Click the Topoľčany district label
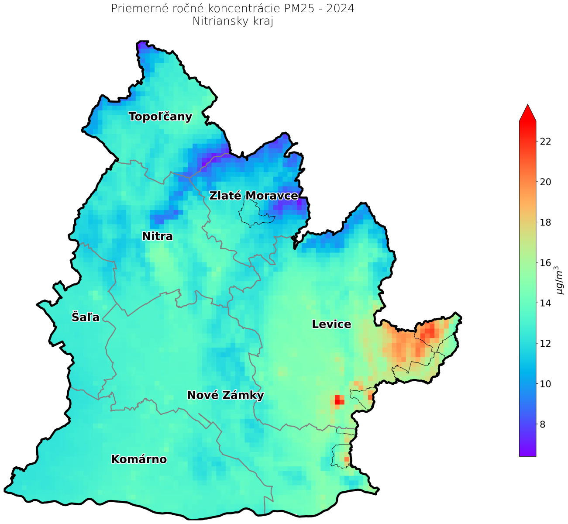[160, 117]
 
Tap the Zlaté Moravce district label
[253, 196]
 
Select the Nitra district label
[157, 236]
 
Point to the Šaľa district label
[86, 317]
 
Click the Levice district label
[331, 324]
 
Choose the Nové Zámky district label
[225, 395]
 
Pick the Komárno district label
[139, 459]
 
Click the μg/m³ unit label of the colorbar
[559, 280]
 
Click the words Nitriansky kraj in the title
[233, 21]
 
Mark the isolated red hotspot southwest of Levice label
[339, 400]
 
